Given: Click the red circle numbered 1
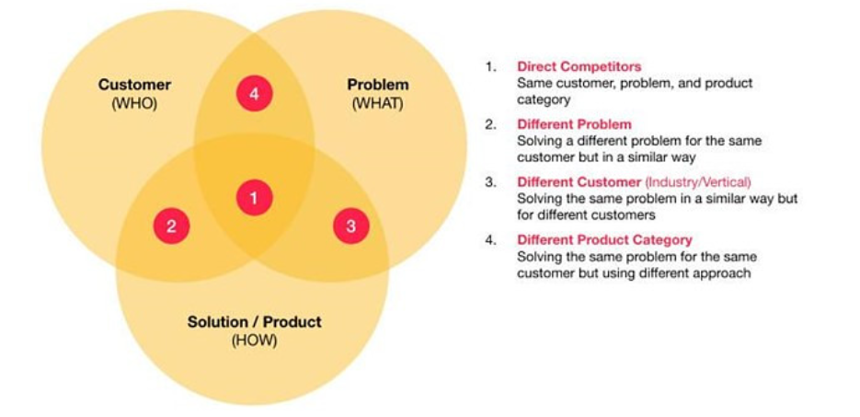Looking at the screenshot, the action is [255, 198].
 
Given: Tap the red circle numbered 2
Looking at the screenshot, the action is [172, 226].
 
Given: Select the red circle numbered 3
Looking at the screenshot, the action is [351, 226].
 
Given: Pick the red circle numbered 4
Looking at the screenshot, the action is [255, 93].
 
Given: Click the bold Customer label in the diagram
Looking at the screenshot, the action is [134, 85].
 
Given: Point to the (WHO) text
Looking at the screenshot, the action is [134, 104].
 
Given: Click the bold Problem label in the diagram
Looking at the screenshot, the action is [378, 85].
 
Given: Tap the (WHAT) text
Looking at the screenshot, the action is [378, 104].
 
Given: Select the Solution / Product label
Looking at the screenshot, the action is [255, 321].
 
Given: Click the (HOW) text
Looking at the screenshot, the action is [255, 341].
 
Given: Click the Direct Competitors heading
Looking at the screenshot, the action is [579, 67].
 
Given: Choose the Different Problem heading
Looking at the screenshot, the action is [574, 124].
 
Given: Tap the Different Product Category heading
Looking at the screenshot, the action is [604, 239].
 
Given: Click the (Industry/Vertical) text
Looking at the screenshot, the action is [698, 182].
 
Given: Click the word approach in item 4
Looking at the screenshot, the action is [724, 273].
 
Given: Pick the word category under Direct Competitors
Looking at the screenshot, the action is [544, 101].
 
